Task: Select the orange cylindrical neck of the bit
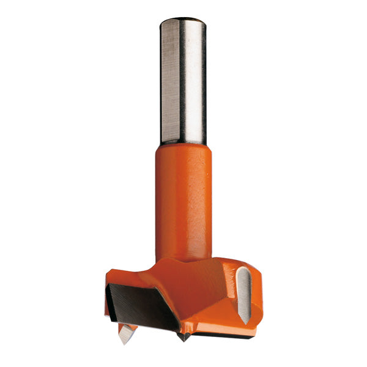pos(183,196)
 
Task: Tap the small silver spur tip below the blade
pos(127,333)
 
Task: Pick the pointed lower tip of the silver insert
pos(246,321)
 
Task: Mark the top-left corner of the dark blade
pos(111,286)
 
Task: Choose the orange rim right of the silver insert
pos(258,294)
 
